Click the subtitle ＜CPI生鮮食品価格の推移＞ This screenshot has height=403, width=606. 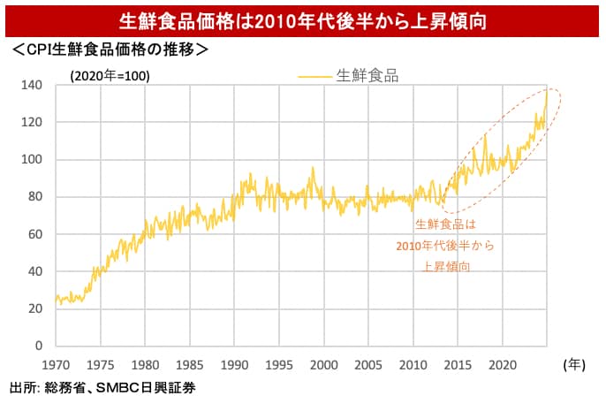[x=109, y=50]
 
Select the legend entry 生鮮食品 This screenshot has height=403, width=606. [x=367, y=76]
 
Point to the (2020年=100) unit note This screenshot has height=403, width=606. [x=110, y=76]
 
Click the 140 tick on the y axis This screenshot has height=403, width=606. [x=32, y=85]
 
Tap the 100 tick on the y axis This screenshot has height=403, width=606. [x=32, y=160]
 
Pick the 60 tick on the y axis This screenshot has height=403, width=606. [x=34, y=234]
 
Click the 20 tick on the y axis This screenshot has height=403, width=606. [x=34, y=308]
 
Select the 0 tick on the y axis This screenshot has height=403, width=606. [x=38, y=346]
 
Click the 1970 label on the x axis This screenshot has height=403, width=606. [x=56, y=364]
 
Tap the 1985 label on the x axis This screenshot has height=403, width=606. [x=190, y=364]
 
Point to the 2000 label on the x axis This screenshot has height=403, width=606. [x=324, y=364]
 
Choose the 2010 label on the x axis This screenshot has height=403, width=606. [x=413, y=364]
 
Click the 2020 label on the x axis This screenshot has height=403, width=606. [x=503, y=364]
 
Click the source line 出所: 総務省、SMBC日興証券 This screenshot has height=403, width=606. [x=102, y=387]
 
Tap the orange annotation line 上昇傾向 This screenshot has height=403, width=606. [x=446, y=265]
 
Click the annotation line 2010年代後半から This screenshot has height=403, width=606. [x=446, y=245]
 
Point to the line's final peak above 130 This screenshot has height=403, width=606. [x=546, y=95]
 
